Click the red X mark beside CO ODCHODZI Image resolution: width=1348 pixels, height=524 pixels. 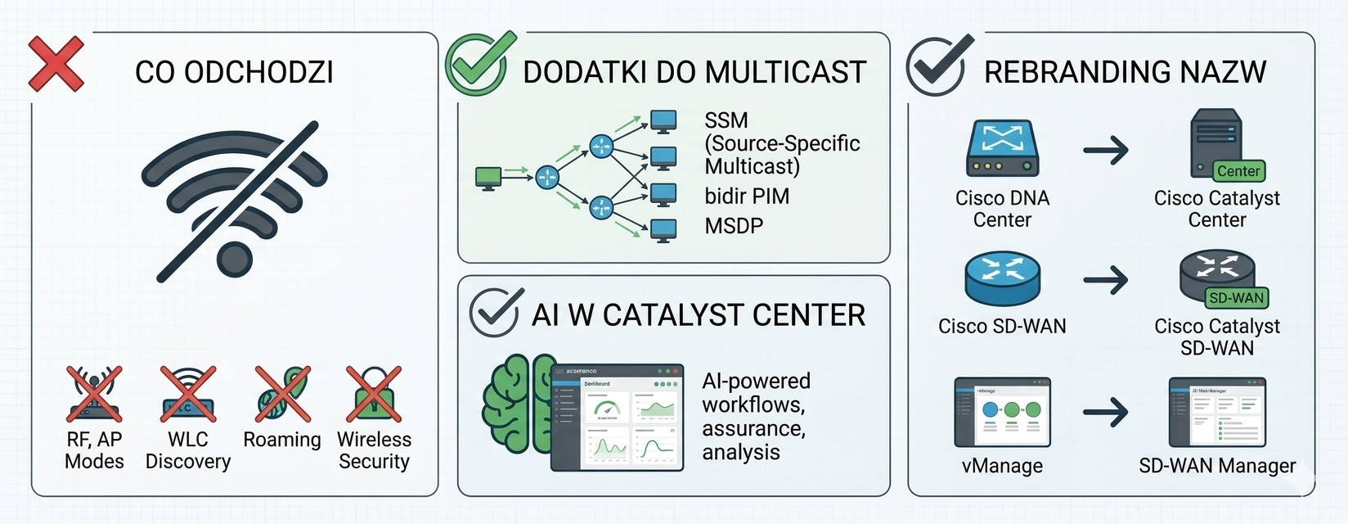(x=56, y=63)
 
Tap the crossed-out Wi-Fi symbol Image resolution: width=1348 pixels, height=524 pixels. (x=235, y=200)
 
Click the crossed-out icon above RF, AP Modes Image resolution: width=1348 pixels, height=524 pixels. (x=94, y=394)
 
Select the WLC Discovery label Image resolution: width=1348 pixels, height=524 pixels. (x=188, y=450)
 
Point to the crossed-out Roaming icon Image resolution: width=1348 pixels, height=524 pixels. (x=282, y=394)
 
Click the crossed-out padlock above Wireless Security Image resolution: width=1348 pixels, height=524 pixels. (x=374, y=394)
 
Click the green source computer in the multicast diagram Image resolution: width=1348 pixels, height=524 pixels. (x=488, y=177)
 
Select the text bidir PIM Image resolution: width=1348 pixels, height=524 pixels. (x=747, y=196)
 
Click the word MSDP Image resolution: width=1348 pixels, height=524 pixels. (x=734, y=226)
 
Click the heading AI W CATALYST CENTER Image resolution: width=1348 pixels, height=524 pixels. (x=698, y=315)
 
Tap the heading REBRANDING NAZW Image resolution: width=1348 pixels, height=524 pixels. (x=1125, y=72)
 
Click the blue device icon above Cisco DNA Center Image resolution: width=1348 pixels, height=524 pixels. (x=1002, y=147)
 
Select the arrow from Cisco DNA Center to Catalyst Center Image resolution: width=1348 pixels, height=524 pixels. (x=1106, y=151)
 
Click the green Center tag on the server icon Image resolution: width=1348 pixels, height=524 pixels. (x=1238, y=171)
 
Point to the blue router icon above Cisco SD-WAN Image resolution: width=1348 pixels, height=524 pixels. (x=1002, y=278)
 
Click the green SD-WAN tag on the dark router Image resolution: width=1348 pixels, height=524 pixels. (x=1236, y=298)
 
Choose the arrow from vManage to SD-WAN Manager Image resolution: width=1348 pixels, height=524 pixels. (x=1106, y=412)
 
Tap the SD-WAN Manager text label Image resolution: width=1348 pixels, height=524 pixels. (x=1217, y=466)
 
